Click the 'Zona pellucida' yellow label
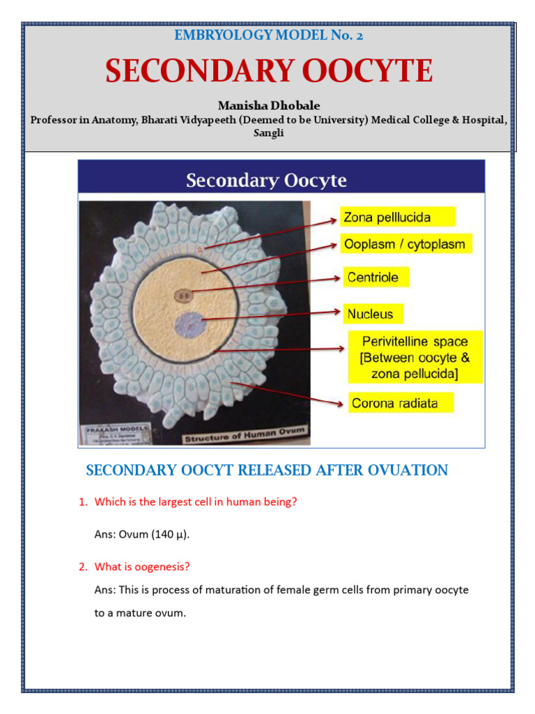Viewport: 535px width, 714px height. [397, 218]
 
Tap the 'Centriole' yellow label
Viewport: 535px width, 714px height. [373, 278]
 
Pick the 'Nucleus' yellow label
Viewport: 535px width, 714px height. [371, 314]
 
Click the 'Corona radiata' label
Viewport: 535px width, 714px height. [401, 403]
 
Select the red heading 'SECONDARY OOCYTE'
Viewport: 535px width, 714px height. [269, 72]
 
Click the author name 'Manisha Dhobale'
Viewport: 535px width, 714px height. [269, 105]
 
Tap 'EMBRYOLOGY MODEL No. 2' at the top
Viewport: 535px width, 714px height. [268, 35]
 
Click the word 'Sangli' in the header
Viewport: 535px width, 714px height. [269, 132]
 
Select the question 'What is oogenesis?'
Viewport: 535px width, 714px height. [142, 567]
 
